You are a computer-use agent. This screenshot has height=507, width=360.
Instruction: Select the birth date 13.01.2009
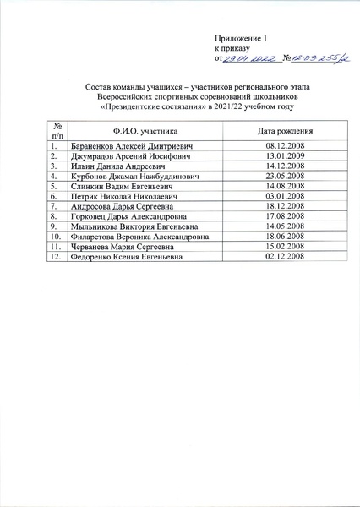285,156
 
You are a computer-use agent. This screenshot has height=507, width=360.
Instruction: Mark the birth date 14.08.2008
285,186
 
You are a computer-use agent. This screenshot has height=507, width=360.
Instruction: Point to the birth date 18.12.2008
285,206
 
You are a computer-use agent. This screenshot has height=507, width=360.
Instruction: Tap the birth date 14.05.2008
285,226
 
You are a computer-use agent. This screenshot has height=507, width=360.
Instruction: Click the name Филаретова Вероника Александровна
135,237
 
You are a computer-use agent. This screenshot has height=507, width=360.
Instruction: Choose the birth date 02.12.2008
285,256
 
